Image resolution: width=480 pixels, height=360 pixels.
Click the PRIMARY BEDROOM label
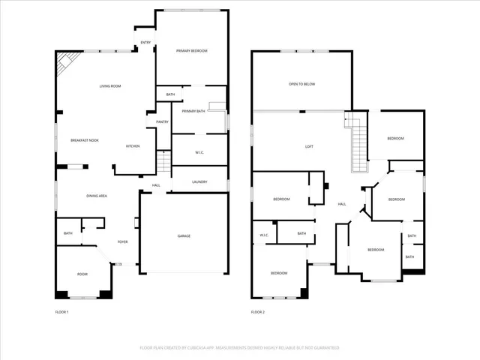point(192,50)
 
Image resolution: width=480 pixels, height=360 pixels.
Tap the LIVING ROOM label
point(110,86)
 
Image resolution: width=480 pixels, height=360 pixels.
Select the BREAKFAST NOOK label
point(85,141)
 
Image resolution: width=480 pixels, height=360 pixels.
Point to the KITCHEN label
point(133,145)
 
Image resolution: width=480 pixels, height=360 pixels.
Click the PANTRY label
point(162,121)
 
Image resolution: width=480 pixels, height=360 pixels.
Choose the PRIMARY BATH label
point(193,111)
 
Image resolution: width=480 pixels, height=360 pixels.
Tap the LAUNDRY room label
point(199,181)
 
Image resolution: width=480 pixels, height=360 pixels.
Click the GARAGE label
point(184,236)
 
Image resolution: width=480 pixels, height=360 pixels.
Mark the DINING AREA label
point(97,196)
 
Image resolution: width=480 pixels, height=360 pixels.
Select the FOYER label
point(123,241)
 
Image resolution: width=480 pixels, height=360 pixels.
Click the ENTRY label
point(145,42)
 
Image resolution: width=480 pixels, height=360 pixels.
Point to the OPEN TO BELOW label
point(301,84)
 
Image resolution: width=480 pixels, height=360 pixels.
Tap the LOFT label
point(308,146)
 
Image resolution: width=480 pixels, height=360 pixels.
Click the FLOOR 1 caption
point(61,311)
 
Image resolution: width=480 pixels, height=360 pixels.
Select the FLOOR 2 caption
point(258,311)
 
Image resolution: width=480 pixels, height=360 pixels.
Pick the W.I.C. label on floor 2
point(264,235)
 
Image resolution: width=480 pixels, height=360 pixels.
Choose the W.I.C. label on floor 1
point(199,152)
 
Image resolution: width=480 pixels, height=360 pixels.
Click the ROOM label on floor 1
point(82,274)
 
